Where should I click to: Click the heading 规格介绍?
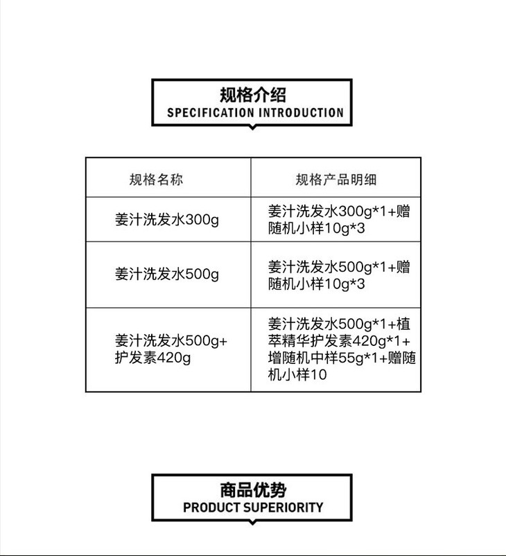pos(252,95)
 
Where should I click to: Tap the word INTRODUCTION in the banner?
pos(301,112)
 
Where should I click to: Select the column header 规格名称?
pos(156,180)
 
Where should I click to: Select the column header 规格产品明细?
pos(336,180)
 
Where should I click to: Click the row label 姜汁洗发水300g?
pos(166,220)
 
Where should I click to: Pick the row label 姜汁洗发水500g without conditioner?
pos(166,274)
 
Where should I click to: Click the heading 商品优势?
pos(252,490)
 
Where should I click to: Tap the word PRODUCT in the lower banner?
pos(211,507)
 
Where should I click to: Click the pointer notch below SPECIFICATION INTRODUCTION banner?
pos(252,127)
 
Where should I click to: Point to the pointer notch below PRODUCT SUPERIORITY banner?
pos(252,522)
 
